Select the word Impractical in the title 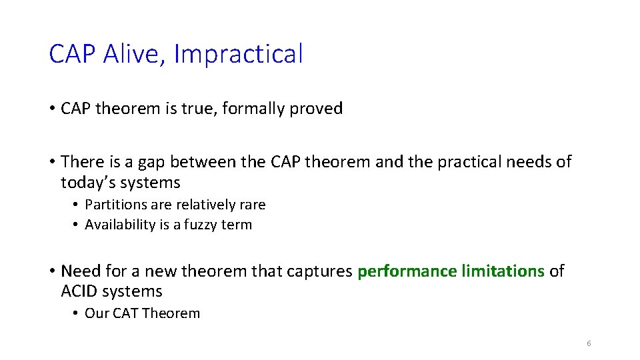[238, 54]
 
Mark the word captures [321, 271]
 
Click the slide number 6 [589, 343]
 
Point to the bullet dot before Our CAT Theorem [77, 313]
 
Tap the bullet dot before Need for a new [53, 271]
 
